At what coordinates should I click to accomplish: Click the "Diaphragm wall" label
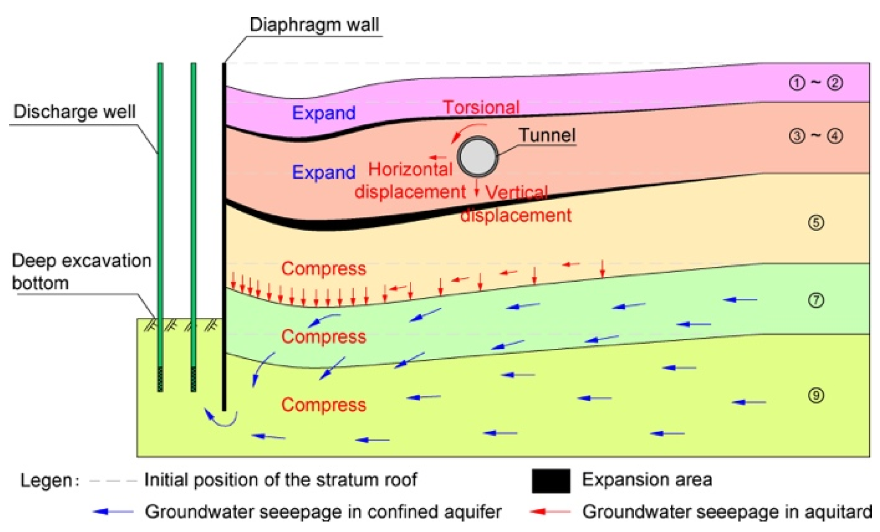click(314, 25)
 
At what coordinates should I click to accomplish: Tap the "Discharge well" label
click(74, 112)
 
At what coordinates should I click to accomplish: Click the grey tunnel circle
click(477, 156)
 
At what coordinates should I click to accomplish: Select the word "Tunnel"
click(547, 135)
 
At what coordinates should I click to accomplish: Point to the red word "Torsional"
click(481, 108)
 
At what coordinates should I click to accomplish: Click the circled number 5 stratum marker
click(816, 222)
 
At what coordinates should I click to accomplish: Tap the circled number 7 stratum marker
click(816, 300)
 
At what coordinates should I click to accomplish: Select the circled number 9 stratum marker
click(816, 395)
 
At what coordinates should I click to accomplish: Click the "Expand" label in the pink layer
click(324, 113)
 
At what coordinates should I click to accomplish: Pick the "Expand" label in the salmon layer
click(324, 172)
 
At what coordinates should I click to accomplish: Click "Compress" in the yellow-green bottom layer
click(324, 405)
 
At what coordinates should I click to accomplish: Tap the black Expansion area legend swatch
click(551, 481)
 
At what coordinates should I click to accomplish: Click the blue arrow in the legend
click(113, 512)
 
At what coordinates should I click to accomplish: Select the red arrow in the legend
click(550, 512)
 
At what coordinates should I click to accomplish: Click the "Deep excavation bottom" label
click(81, 272)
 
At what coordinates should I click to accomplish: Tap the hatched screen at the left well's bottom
click(160, 379)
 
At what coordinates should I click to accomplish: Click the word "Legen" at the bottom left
click(47, 481)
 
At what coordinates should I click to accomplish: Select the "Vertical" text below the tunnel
click(516, 192)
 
